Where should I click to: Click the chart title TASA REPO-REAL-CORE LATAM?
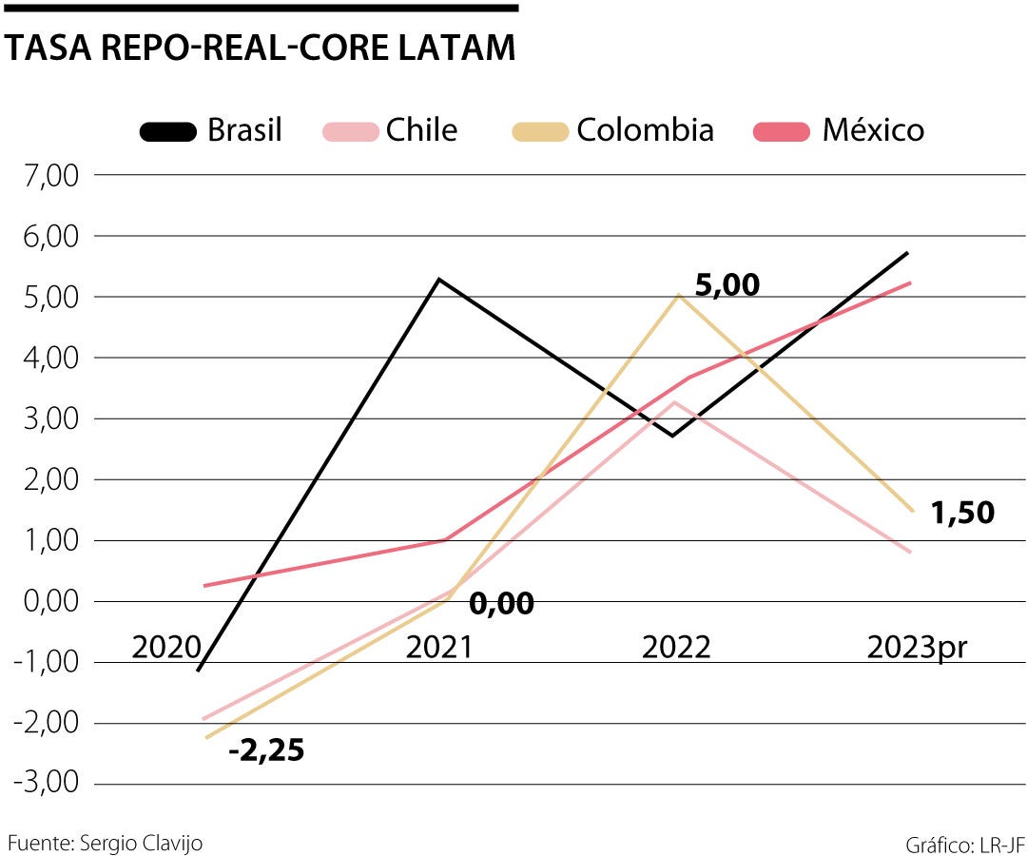[x=260, y=49]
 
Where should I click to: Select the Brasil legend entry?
[x=211, y=130]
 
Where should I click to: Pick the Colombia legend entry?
[x=613, y=130]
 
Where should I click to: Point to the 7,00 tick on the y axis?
[x=46, y=176]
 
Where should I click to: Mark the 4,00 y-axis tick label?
[x=46, y=359]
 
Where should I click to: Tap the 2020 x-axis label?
[x=166, y=648]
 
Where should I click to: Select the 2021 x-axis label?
[x=439, y=648]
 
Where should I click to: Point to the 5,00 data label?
[x=727, y=285]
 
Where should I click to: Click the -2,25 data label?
[x=266, y=751]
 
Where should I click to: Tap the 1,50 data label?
[x=962, y=514]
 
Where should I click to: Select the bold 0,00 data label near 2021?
[x=501, y=604]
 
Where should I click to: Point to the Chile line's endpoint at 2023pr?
[x=911, y=552]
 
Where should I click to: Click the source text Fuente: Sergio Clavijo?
[x=105, y=843]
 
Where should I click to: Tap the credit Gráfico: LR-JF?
[x=964, y=844]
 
